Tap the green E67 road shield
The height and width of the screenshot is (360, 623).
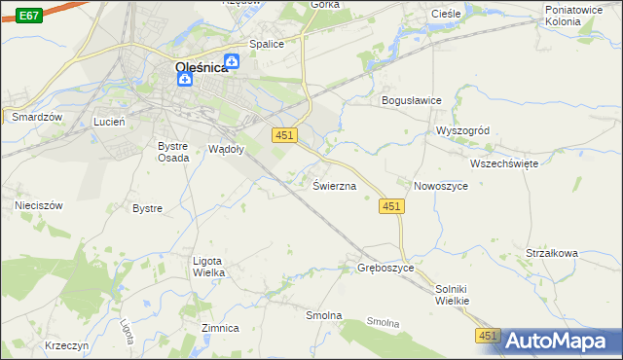29,16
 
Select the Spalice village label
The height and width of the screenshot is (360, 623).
267,44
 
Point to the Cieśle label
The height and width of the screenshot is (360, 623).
445,14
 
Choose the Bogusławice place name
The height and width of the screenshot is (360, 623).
412,100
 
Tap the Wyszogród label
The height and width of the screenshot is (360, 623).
462,131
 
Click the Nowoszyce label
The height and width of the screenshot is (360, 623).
443,186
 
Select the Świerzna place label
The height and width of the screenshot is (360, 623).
334,185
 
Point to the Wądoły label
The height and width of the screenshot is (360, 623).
227,149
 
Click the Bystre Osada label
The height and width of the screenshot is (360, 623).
174,152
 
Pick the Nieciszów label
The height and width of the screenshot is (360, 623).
39,206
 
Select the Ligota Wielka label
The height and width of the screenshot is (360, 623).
209,267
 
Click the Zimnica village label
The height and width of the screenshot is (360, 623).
220,328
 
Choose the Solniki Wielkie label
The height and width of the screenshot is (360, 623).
453,295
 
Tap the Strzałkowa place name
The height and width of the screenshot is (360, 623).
552,253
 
